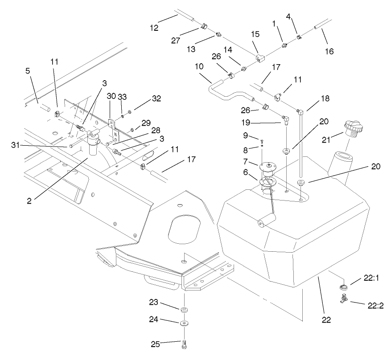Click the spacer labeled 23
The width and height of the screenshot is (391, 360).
point(184,309)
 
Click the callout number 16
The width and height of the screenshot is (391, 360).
point(329,51)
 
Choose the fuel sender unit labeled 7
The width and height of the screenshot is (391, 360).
point(268,167)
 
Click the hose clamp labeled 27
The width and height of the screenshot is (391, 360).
point(203,25)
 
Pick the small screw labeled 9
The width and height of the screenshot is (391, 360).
point(263,141)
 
